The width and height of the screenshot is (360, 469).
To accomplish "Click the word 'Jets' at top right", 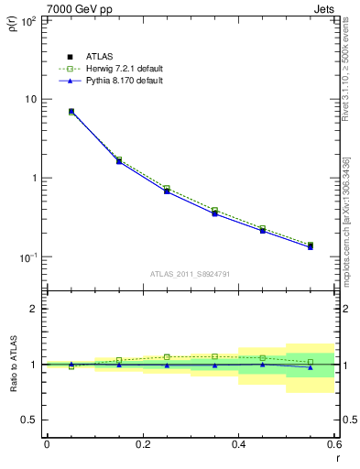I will (323, 7).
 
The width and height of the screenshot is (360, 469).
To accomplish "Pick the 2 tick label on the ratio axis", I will (34, 309).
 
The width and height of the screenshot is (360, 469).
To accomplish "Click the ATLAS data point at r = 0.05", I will (71, 112).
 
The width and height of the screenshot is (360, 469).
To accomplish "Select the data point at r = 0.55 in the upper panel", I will (310, 246).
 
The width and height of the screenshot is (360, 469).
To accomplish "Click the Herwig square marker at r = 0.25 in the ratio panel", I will (167, 357).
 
